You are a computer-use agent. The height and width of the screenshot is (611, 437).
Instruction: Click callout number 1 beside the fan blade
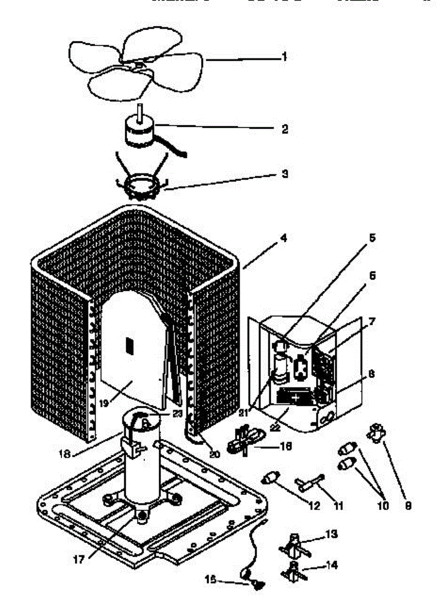[284, 57]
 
